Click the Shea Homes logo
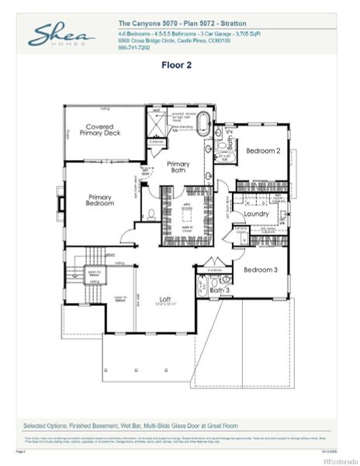coord(62,37)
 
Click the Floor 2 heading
coord(176,65)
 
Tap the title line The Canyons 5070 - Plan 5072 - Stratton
coord(183,24)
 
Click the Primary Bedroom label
coord(101,200)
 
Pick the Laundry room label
coord(256,214)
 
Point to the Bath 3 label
coord(220,290)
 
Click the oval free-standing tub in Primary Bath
coord(204,124)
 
